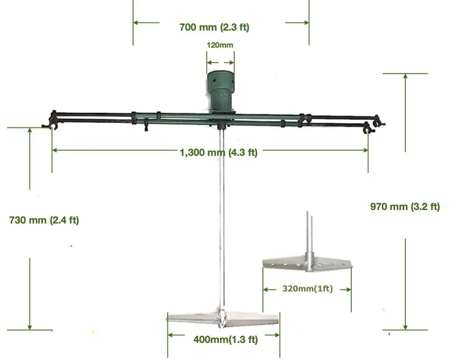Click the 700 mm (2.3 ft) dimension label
pyautogui.click(x=214, y=26)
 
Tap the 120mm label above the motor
pyautogui.click(x=220, y=45)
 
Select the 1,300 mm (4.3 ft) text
pyautogui.click(x=218, y=152)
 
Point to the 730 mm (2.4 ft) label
pyautogui.click(x=44, y=221)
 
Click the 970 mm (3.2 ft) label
pyautogui.click(x=405, y=206)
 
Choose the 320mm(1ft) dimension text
pyautogui.click(x=307, y=289)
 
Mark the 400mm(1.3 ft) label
pyautogui.click(x=225, y=339)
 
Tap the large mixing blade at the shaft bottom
pyautogui.click(x=222, y=318)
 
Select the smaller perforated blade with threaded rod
pyautogui.click(x=307, y=264)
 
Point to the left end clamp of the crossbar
pyautogui.click(x=51, y=121)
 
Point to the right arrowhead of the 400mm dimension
pyautogui.click(x=277, y=336)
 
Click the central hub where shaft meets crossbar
pyautogui.click(x=221, y=124)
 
